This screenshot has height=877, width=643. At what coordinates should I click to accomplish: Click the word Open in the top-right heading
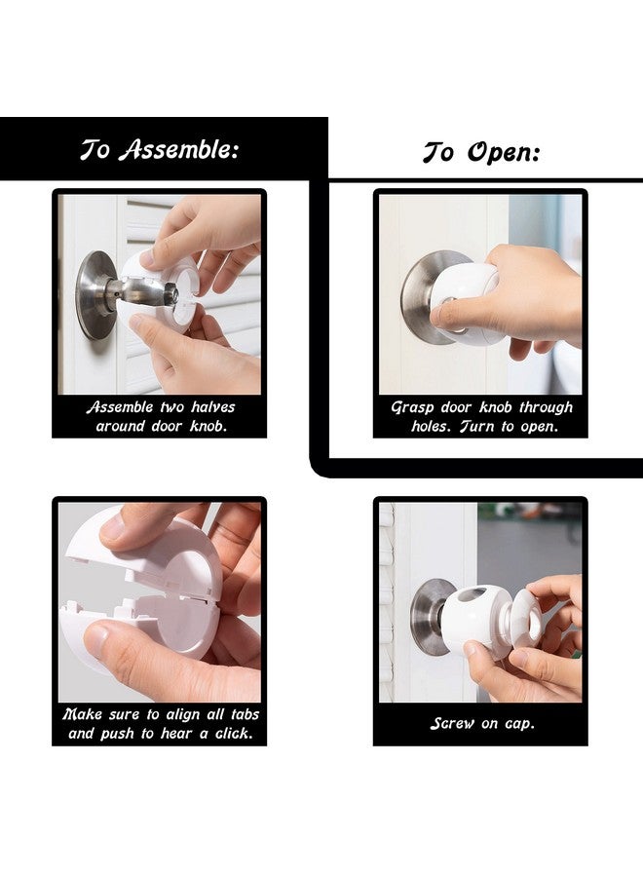pos(503,153)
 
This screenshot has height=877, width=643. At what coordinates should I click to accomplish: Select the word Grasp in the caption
pos(412,407)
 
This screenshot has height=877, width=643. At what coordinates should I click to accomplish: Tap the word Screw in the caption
pos(453,723)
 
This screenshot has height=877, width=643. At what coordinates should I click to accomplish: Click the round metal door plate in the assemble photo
pos(95,295)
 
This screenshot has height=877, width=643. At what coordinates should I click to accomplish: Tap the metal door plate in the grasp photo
pos(417,292)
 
